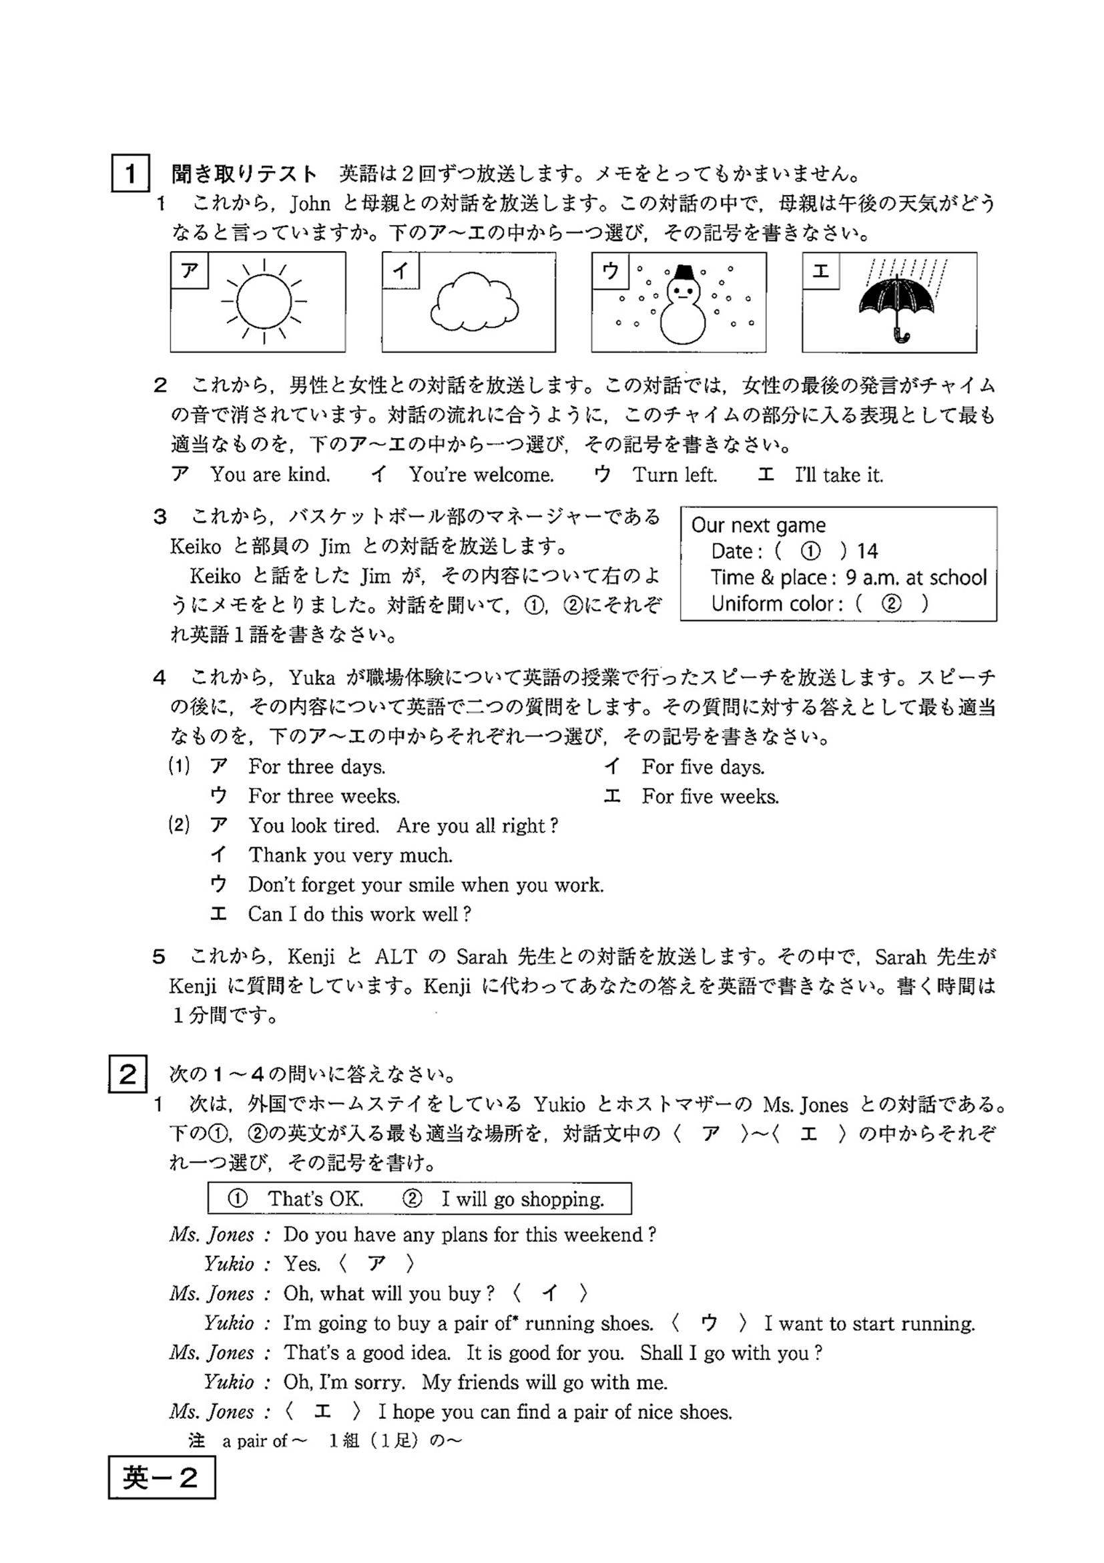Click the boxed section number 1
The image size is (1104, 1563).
click(130, 174)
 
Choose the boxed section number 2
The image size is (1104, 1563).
click(128, 1074)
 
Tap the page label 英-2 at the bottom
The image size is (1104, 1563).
click(162, 1478)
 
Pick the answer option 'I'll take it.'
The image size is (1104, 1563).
click(838, 475)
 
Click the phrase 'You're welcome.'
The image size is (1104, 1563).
click(481, 475)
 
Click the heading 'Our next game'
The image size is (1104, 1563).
click(758, 525)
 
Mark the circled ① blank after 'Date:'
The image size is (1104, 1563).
click(810, 551)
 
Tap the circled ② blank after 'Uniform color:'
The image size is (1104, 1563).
click(891, 603)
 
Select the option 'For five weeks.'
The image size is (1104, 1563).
click(710, 797)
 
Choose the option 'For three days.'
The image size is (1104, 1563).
click(316, 767)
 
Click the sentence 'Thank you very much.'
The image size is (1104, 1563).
click(350, 855)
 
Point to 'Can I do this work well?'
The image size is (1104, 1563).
click(358, 913)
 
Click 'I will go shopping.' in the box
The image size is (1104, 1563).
click(522, 1199)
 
